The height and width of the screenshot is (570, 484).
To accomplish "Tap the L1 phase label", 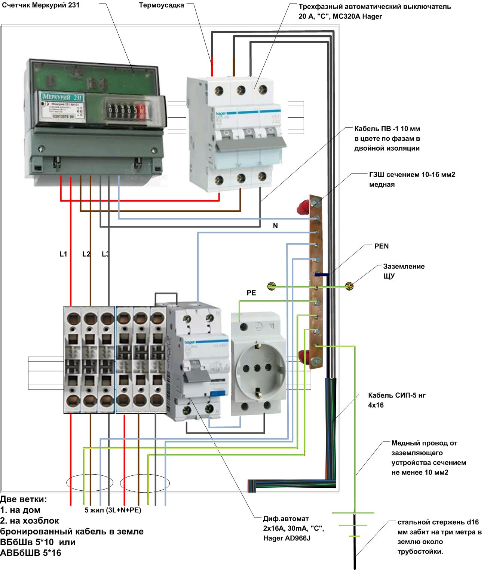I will (x=63, y=254).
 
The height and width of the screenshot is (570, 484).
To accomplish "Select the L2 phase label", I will (x=86, y=254).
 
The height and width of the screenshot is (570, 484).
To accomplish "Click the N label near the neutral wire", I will (x=275, y=226).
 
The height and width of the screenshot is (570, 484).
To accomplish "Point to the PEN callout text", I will (x=381, y=246).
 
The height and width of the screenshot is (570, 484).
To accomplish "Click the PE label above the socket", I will (x=251, y=293).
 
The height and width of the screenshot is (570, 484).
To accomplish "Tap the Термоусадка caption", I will (x=161, y=6).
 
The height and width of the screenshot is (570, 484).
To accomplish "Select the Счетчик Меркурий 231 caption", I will (x=40, y=5).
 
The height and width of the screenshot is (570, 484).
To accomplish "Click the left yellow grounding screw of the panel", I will (x=272, y=286).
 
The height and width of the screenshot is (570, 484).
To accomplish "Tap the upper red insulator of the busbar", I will (x=302, y=207).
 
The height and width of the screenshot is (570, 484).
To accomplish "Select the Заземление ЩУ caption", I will (x=404, y=271).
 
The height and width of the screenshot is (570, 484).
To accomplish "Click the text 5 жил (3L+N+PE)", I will (x=113, y=510).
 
